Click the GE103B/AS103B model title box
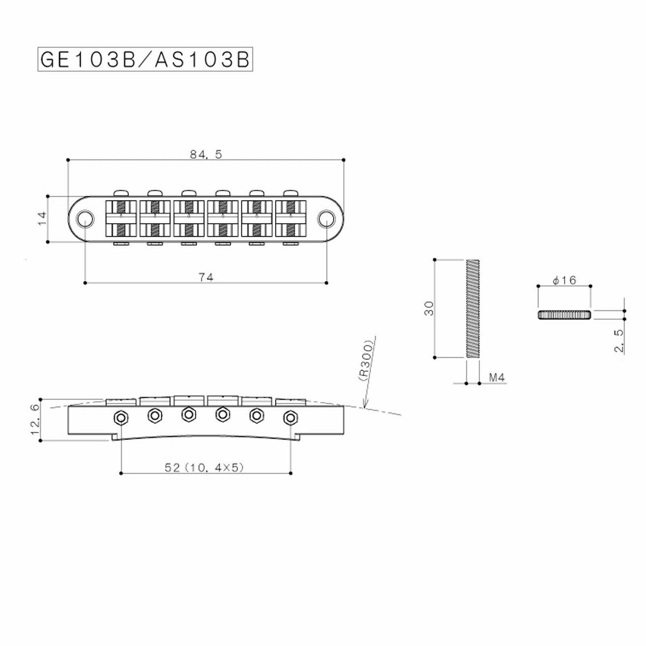click(145, 60)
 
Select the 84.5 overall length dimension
click(206, 154)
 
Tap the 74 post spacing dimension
click(206, 277)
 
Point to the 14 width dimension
click(42, 219)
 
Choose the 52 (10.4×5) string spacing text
click(204, 468)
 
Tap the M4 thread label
click(497, 378)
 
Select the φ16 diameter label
click(564, 280)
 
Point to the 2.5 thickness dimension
click(619, 342)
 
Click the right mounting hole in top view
click(326, 219)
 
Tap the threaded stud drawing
click(473, 308)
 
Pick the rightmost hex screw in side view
click(291, 418)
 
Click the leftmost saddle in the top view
click(121, 219)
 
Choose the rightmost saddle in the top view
click(291, 219)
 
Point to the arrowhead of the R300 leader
click(365, 407)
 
